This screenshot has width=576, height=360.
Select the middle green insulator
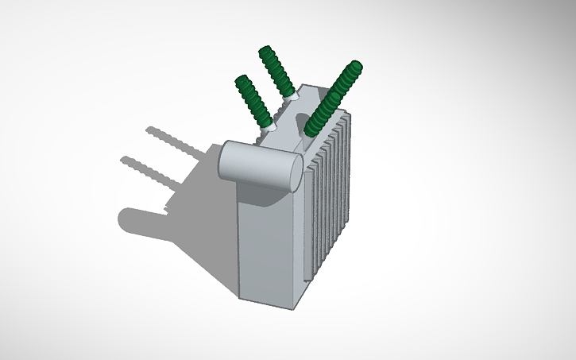coord(277,72)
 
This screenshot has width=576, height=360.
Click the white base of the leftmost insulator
coord(269,126)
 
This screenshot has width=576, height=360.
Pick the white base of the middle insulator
coord(292,95)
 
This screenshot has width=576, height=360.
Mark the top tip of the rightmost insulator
coord(355,65)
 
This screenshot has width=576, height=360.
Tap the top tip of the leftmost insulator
coord(241,79)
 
